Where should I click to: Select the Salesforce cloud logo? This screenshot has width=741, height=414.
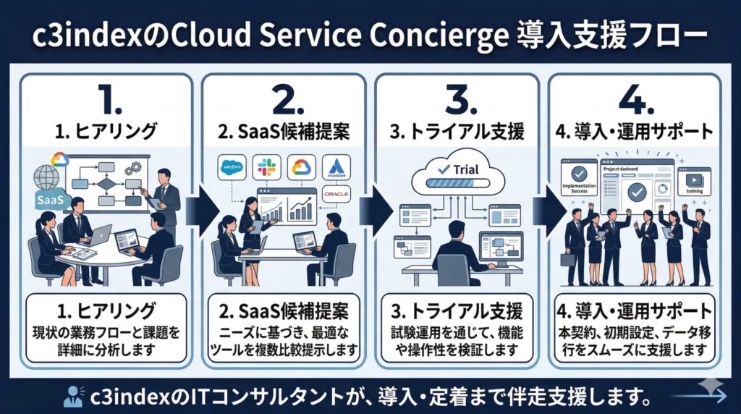(233, 168)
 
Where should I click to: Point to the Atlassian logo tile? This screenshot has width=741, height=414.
(335, 168)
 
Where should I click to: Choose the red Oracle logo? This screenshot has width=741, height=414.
(336, 195)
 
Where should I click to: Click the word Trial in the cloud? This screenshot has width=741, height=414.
(465, 168)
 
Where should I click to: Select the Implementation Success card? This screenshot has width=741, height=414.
(577, 179)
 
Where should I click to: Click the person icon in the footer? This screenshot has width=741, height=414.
(73, 396)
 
